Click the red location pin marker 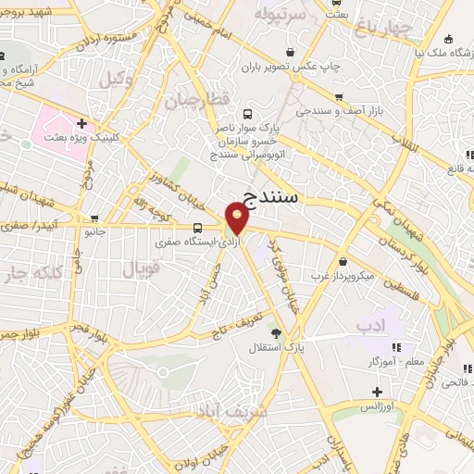pos(237,218)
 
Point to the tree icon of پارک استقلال pos(274,331)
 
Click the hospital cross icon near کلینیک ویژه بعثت pos(82,122)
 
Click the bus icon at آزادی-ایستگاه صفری pos(196,227)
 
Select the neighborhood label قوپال pos(141,269)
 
